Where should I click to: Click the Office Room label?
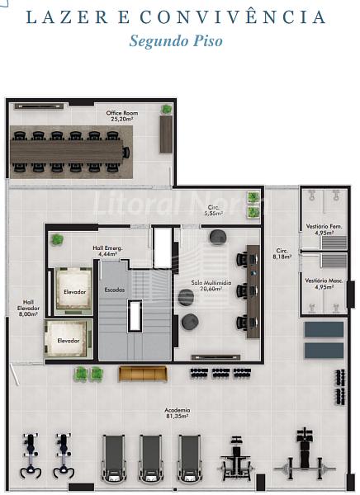122,115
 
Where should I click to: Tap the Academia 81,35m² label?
178,413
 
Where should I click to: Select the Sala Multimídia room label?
211,285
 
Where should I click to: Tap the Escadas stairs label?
115,290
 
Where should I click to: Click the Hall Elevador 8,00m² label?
28,308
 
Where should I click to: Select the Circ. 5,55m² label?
214,210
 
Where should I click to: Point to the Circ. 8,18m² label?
282,253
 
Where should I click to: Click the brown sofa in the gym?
143,374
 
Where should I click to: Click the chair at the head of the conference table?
126,153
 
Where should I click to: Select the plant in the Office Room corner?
166,109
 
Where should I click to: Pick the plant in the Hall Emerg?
57,239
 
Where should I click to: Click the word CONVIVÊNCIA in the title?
233,16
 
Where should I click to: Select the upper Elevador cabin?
73,291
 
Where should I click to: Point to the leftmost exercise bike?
31,455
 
